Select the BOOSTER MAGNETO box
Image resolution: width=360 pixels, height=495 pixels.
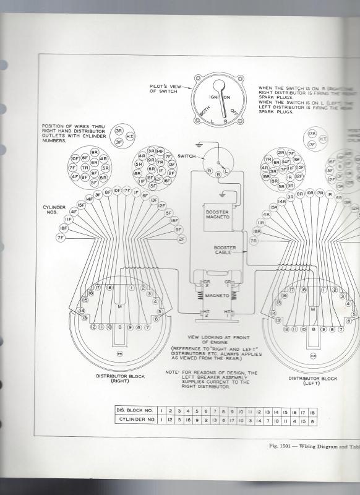tap(217, 215)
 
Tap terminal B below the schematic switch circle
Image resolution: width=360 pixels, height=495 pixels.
tap(218, 176)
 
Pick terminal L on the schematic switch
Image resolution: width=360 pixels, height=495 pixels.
tap(226, 170)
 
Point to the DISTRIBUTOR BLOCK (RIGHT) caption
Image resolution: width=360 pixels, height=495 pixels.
tap(119, 379)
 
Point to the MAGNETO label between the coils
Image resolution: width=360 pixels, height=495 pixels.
tap(217, 296)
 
